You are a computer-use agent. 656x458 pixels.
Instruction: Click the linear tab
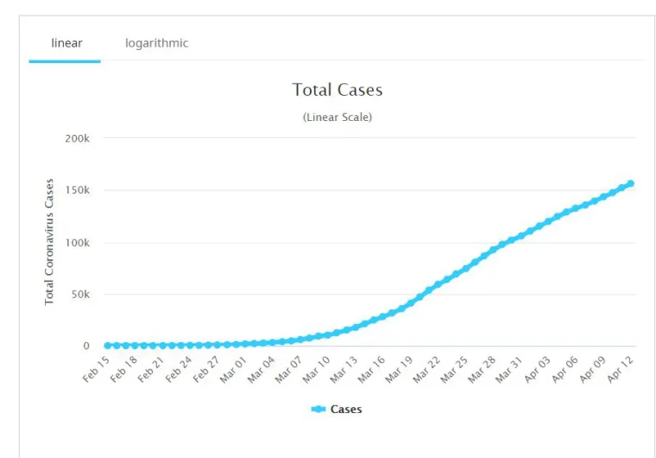(66, 43)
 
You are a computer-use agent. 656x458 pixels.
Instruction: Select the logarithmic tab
(156, 43)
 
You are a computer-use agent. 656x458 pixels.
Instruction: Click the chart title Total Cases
(337, 90)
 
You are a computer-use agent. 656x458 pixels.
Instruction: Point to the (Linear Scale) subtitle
(337, 117)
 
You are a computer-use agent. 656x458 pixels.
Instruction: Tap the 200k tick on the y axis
(77, 138)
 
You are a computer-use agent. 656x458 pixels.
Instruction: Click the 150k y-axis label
(77, 190)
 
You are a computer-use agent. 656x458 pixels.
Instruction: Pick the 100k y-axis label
(77, 242)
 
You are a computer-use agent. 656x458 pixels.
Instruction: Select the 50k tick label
(79, 294)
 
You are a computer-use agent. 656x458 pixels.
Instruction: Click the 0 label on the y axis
(85, 346)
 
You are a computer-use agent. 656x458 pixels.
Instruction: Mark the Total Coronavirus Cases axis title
(49, 242)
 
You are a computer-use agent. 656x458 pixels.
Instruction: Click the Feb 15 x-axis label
(96, 370)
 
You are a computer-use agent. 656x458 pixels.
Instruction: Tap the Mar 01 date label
(233, 370)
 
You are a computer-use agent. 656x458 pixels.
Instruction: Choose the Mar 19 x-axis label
(400, 370)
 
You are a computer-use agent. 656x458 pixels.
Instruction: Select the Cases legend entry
(337, 409)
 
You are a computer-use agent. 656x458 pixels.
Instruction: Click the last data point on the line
(631, 183)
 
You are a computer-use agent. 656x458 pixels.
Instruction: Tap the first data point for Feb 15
(108, 346)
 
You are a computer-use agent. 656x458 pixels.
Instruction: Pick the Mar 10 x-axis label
(316, 370)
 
